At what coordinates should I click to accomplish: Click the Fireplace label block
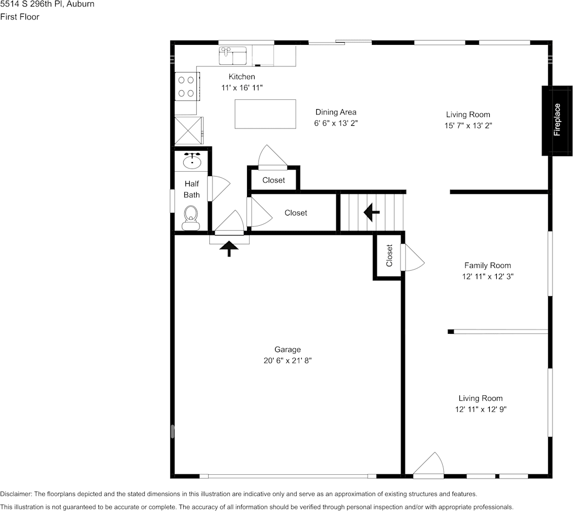pyautogui.click(x=557, y=120)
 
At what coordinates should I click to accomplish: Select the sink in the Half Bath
pyautogui.click(x=192, y=160)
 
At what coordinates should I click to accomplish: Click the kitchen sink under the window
pyautogui.click(x=232, y=55)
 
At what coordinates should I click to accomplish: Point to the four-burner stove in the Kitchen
pyautogui.click(x=186, y=86)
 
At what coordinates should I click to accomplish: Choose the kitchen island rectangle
pyautogui.click(x=265, y=113)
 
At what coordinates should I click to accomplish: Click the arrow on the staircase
pyautogui.click(x=371, y=212)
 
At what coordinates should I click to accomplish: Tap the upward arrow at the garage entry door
pyautogui.click(x=230, y=248)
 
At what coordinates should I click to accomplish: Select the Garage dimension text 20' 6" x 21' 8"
pyautogui.click(x=287, y=360)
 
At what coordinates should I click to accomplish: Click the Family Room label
pyautogui.click(x=487, y=265)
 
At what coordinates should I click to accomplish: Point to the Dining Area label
pyautogui.click(x=336, y=112)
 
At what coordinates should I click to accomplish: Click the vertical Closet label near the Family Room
pyautogui.click(x=389, y=255)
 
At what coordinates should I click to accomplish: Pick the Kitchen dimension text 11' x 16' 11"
pyautogui.click(x=242, y=87)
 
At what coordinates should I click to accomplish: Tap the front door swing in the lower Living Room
pyautogui.click(x=429, y=465)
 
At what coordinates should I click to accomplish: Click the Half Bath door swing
pyautogui.click(x=220, y=188)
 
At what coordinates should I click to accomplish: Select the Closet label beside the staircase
pyautogui.click(x=296, y=213)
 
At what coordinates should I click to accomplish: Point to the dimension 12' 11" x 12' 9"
pyautogui.click(x=481, y=409)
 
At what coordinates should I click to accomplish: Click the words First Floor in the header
pyautogui.click(x=20, y=17)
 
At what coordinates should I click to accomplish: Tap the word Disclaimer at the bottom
pyautogui.click(x=16, y=494)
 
